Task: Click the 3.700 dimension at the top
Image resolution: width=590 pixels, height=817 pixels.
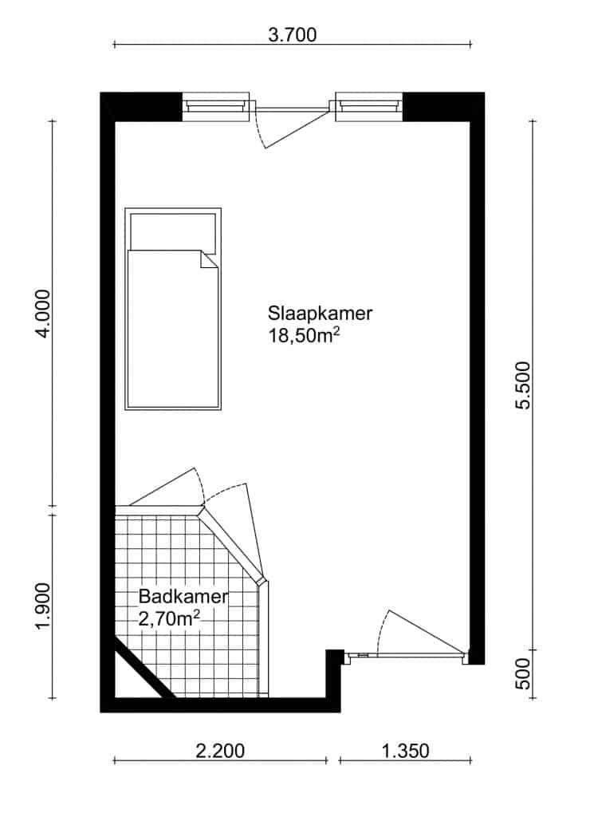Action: click(292, 35)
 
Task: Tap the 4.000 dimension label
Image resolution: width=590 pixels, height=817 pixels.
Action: click(44, 313)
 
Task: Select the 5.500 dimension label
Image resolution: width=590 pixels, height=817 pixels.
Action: click(523, 385)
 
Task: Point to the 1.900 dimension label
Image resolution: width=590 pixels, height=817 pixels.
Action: click(44, 606)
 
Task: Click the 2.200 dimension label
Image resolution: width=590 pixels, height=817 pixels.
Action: click(220, 751)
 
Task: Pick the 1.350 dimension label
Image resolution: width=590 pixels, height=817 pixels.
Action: click(405, 751)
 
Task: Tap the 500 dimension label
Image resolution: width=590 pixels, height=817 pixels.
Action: click(523, 673)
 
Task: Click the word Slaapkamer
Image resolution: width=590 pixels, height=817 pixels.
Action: click(320, 313)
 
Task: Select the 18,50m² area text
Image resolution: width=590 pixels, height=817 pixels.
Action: click(304, 335)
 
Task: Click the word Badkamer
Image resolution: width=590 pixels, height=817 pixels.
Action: click(183, 597)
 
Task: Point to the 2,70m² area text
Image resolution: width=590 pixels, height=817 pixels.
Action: click(169, 618)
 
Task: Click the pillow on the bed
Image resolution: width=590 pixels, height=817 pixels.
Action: click(173, 232)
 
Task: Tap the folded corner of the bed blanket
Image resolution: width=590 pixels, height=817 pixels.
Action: click(210, 260)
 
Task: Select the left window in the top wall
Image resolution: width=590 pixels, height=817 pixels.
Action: click(215, 107)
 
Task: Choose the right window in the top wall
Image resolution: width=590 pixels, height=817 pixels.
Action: click(368, 107)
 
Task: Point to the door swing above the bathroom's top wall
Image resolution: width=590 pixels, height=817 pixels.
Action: click(167, 487)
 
